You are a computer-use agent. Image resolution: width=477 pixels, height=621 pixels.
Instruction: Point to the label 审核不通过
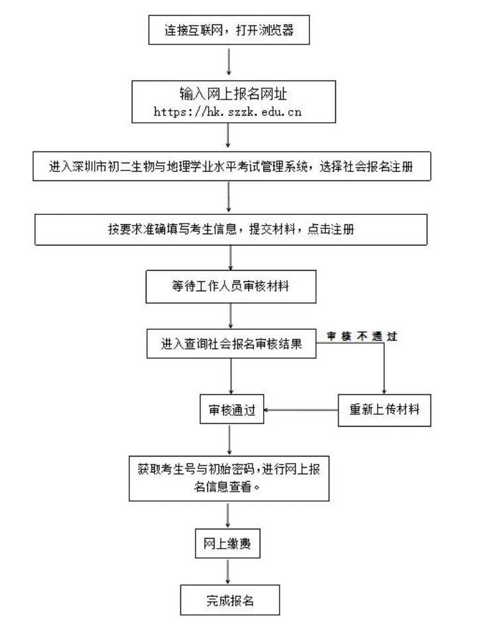(x=361, y=336)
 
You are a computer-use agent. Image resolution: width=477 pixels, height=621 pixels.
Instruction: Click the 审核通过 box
(x=232, y=409)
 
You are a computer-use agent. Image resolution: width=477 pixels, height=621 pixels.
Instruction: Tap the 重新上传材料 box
(x=384, y=409)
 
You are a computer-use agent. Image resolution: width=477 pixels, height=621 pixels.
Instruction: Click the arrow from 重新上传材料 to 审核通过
(x=301, y=409)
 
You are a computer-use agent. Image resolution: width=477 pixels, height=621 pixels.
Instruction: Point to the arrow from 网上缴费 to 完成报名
(x=228, y=572)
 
